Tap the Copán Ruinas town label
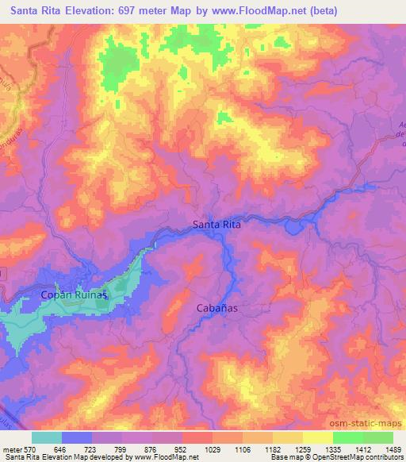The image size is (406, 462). click(x=72, y=295)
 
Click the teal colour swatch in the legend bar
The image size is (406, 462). click(x=47, y=437)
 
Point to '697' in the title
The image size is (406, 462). click(x=115, y=11)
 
